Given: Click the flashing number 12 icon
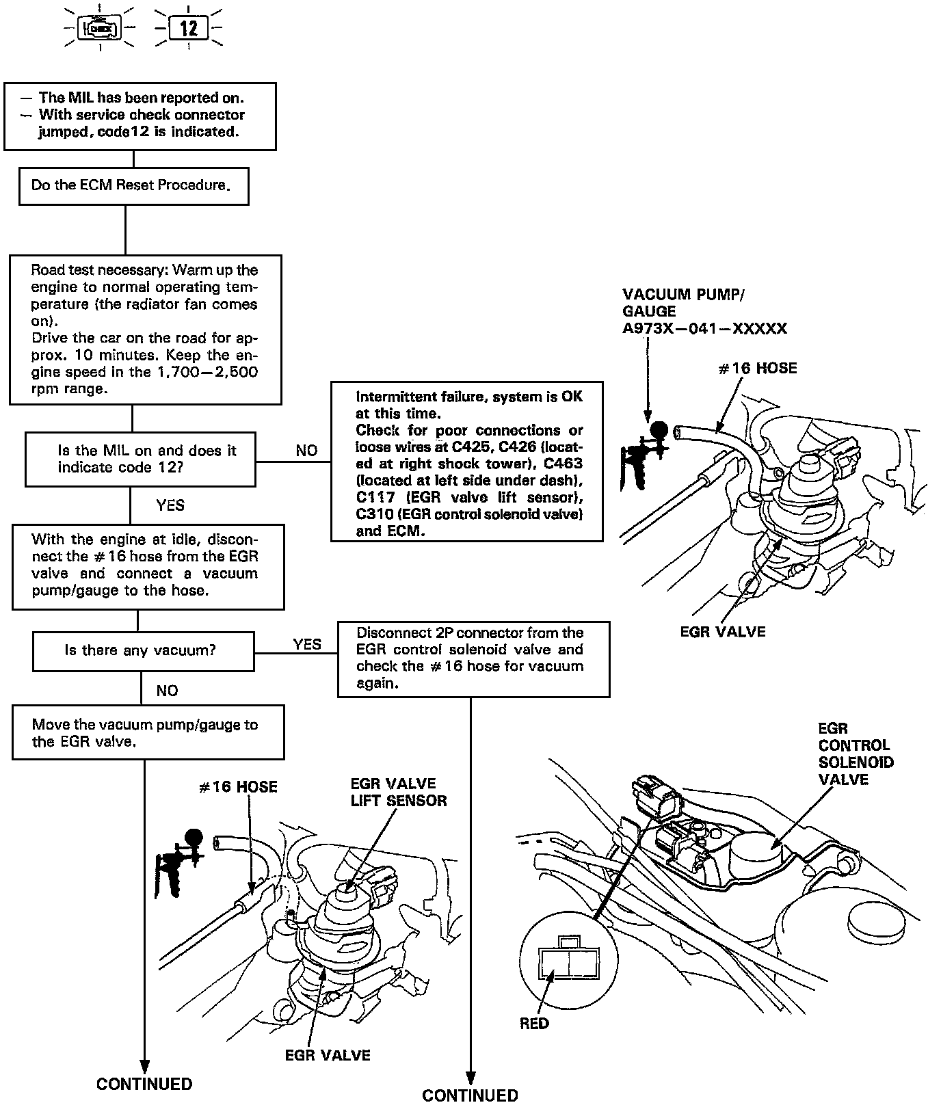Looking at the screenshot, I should (x=189, y=29).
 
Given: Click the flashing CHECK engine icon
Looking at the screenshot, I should (x=100, y=29).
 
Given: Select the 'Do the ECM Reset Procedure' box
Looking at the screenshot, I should (x=133, y=185).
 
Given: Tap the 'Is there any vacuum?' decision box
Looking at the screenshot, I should (x=143, y=650).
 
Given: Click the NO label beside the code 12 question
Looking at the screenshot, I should (x=306, y=451).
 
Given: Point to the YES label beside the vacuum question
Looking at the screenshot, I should (x=307, y=644).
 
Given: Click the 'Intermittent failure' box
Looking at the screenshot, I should (x=467, y=463).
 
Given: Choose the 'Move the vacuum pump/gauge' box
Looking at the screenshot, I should (x=148, y=733).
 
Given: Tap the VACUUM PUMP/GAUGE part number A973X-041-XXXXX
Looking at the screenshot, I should (x=704, y=329).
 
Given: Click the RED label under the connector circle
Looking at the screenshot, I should (x=534, y=1023).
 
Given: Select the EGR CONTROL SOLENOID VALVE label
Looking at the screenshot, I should (x=855, y=754).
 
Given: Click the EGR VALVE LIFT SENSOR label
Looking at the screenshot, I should (x=399, y=792).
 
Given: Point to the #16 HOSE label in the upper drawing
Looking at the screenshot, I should (x=758, y=369).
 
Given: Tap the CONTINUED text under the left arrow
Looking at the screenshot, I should (x=144, y=1084).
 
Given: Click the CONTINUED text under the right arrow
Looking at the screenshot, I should (x=470, y=1095).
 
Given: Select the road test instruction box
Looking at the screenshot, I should (x=145, y=330).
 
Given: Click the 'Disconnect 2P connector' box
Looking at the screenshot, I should (x=473, y=658).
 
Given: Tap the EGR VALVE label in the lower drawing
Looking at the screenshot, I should (x=328, y=1055).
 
